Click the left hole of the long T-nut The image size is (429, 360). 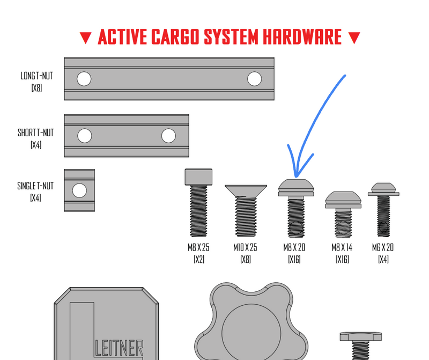83,79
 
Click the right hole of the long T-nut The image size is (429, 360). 254,79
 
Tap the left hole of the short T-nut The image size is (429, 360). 84,136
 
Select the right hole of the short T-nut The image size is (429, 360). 168,136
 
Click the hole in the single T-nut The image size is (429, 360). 79,190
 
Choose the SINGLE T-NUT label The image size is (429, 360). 35,186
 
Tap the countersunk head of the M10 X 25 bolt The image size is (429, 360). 246,190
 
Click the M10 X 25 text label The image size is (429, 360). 246,248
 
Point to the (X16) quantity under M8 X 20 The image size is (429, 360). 294,260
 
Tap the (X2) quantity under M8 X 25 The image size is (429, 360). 199,260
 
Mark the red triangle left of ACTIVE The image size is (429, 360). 85,38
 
